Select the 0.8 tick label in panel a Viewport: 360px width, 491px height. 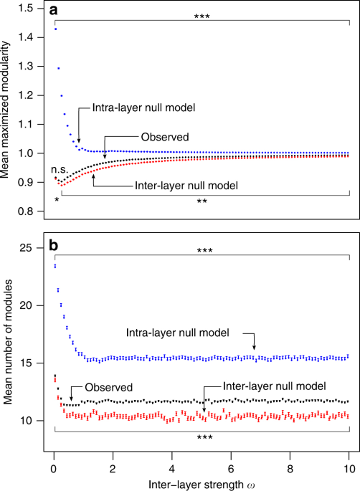32,211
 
